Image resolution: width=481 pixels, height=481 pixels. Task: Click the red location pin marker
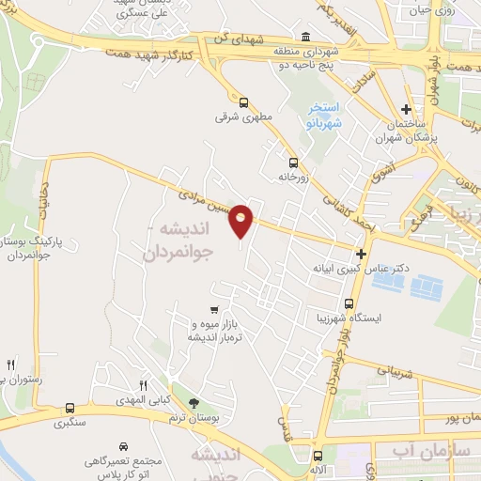coord(241,220)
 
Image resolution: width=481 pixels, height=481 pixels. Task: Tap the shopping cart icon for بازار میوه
coord(215,309)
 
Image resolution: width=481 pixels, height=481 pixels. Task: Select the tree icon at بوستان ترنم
coord(194,402)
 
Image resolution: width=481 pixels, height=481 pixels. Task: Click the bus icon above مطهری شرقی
coord(243,102)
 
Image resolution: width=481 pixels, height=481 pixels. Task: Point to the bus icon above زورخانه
coord(293,161)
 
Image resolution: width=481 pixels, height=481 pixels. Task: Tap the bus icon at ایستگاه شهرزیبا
coord(349,304)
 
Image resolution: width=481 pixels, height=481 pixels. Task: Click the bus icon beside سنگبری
coord(70,408)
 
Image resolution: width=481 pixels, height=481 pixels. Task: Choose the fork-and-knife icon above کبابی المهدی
coord(144,385)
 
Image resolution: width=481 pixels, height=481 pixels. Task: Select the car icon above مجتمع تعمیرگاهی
coord(124,447)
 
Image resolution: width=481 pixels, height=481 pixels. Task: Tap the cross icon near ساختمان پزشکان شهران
coord(406,110)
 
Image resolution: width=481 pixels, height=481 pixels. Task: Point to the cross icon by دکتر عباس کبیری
coord(360,253)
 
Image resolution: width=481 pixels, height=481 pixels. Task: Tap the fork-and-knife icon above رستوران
coord(11,364)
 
